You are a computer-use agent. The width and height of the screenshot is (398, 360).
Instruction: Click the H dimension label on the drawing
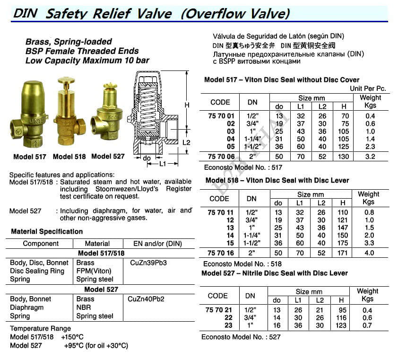(x=187, y=105)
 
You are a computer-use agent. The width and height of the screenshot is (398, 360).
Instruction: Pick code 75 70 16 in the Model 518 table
(x=220, y=253)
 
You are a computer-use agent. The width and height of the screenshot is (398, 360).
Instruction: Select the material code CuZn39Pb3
(x=147, y=263)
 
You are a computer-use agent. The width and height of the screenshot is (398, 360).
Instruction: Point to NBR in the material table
(x=84, y=307)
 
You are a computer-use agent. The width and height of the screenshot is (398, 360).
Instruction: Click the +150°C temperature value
(x=72, y=337)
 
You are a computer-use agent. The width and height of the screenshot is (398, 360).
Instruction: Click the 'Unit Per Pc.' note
(x=368, y=88)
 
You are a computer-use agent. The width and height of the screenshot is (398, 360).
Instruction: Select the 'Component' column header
(x=41, y=244)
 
